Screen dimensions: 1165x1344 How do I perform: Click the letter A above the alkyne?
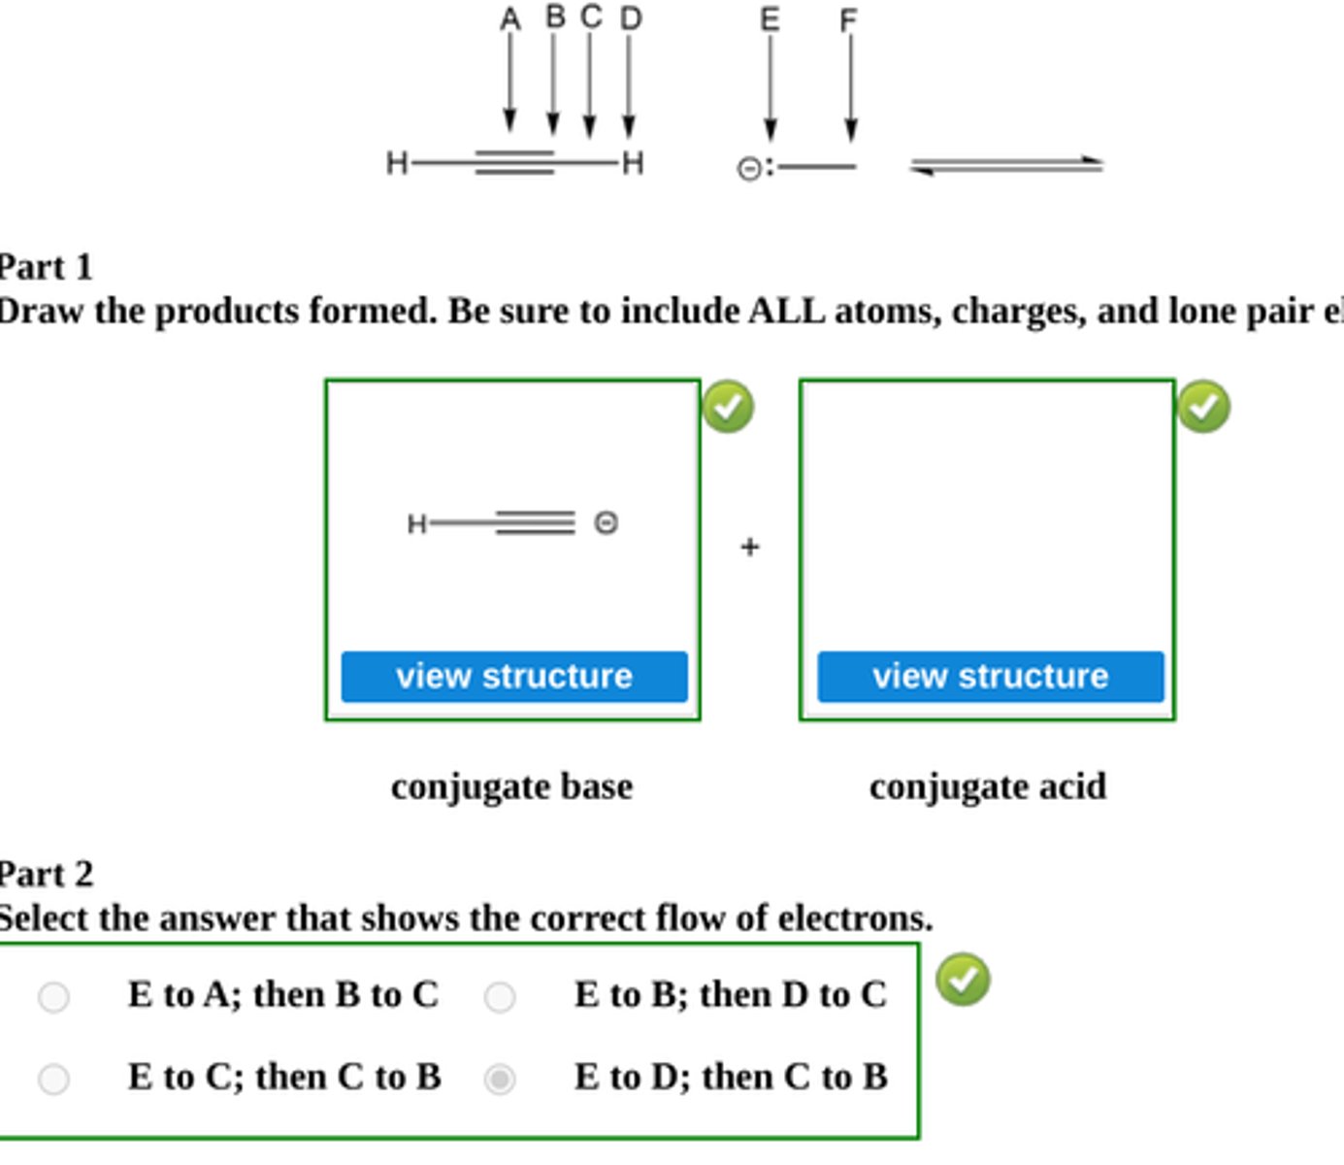510,19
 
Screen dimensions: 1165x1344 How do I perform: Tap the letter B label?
555,17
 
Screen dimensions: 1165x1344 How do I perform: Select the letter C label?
591,17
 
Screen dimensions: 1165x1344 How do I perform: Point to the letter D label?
631,18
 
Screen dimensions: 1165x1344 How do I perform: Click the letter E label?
770,19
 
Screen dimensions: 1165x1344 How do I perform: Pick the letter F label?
849,20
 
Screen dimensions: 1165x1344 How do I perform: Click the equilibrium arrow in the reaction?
1006,166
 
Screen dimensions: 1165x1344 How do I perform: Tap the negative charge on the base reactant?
749,169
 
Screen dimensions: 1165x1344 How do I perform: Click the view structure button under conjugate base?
514,676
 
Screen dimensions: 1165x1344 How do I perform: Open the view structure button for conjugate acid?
990,676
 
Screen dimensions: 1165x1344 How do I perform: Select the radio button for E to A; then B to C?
53,996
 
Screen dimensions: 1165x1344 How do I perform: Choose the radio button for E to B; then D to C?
500,996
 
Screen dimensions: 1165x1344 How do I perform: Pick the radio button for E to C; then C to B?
53,1079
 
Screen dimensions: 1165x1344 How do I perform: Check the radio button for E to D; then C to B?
500,1079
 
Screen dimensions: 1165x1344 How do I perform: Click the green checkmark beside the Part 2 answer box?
963,980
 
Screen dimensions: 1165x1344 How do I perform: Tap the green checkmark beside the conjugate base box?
728,407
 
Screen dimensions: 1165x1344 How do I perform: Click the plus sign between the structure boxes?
749,548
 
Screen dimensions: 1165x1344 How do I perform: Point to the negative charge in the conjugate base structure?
606,523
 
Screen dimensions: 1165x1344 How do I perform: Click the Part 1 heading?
46,267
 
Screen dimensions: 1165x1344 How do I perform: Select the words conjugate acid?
988,786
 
